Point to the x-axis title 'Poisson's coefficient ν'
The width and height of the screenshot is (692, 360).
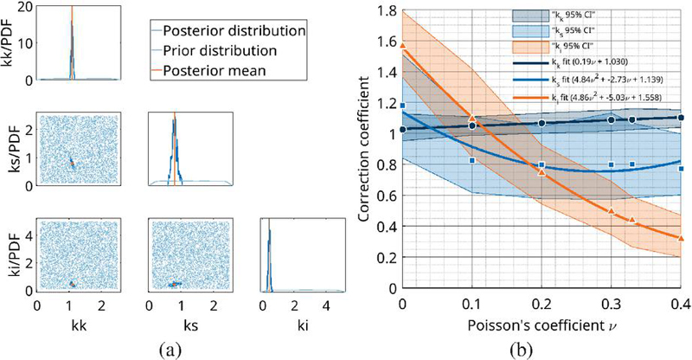pyautogui.click(x=541, y=331)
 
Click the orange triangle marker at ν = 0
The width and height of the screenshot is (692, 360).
pyautogui.click(x=402, y=44)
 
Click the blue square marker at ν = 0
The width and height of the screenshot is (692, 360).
pyautogui.click(x=402, y=106)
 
